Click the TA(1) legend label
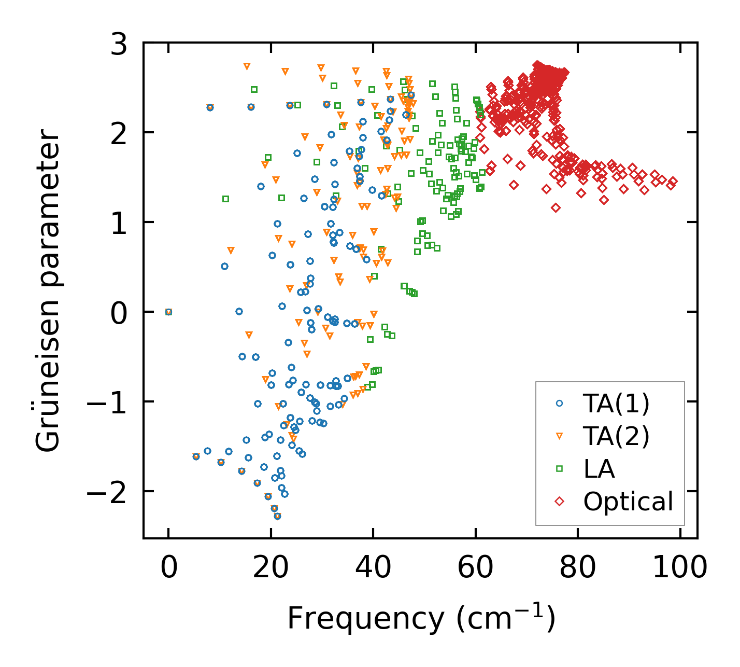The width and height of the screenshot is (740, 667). [x=616, y=404]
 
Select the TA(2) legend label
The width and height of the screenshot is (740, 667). [x=616, y=437]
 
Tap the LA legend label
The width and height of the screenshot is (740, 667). [x=599, y=469]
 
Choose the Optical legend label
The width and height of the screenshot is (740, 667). [x=628, y=502]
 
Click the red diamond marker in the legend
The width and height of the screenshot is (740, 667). [x=559, y=502]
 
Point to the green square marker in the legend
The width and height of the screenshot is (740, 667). [x=559, y=469]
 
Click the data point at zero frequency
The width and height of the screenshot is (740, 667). [x=168, y=312]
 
